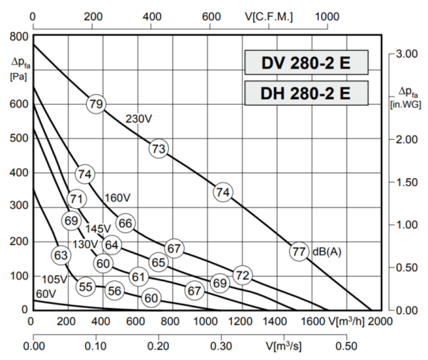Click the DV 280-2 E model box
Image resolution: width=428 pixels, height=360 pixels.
pyautogui.click(x=307, y=63)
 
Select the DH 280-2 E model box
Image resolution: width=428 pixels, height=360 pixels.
pyautogui.click(x=307, y=93)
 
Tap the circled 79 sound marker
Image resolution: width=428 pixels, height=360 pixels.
pyautogui.click(x=96, y=104)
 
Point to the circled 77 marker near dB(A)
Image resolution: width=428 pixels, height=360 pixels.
pyautogui.click(x=300, y=251)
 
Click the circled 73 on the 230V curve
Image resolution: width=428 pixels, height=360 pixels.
pyautogui.click(x=158, y=148)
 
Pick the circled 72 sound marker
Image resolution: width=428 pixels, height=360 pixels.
pyautogui.click(x=243, y=275)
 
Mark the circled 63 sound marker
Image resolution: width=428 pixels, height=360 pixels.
pyautogui.click(x=61, y=254)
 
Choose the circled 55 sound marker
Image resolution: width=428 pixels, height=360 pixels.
pyautogui.click(x=86, y=287)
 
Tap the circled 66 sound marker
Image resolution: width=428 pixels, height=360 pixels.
pyautogui.click(x=126, y=223)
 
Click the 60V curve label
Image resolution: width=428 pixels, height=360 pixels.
pyautogui.click(x=46, y=294)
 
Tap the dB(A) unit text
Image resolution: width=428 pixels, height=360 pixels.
pyautogui.click(x=325, y=252)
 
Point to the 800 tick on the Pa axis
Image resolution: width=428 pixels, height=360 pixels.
pyautogui.click(x=19, y=36)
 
